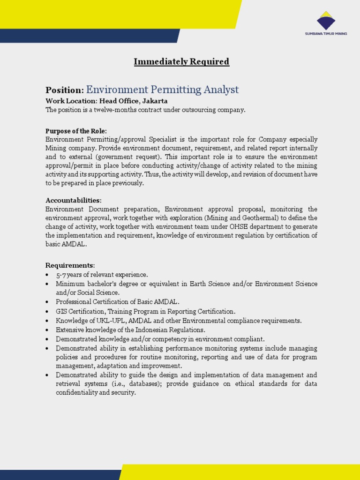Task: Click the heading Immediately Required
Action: pos(181,61)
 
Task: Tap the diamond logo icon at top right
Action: pos(326,21)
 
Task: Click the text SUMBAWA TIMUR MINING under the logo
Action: pos(326,34)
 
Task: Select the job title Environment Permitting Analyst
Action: pos(162,90)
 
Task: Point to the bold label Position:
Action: pos(65,90)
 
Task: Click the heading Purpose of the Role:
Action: pos(76,131)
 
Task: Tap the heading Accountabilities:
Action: pos(73,201)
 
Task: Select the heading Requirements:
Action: pos(70,265)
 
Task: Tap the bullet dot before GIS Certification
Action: pos(47,312)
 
